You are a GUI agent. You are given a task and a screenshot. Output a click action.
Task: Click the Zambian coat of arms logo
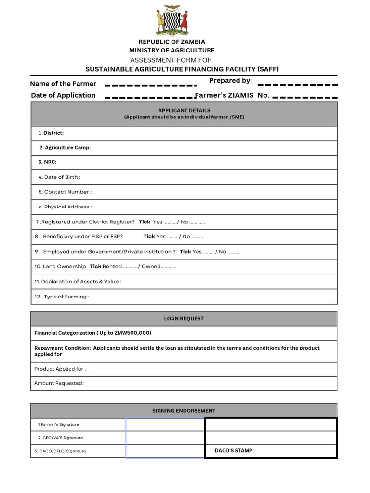pyautogui.click(x=172, y=20)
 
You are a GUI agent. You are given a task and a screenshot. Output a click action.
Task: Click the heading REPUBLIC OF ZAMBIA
pyautogui.click(x=172, y=42)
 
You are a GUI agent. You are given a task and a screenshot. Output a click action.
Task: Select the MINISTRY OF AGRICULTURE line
pyautogui.click(x=172, y=50)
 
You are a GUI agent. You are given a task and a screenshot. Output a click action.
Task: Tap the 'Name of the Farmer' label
pyautogui.click(x=63, y=84)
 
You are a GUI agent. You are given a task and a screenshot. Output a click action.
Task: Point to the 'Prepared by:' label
pyautogui.click(x=230, y=80)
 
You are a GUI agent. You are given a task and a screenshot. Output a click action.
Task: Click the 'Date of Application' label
pyautogui.click(x=63, y=95)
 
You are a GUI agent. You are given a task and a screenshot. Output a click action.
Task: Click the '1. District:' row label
pyautogui.click(x=51, y=133)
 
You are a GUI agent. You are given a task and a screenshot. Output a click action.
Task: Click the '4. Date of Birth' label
pyautogui.click(x=59, y=177)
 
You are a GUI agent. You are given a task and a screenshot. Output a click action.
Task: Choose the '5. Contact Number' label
pyautogui.click(x=65, y=192)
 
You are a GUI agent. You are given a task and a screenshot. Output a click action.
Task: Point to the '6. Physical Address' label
pyautogui.click(x=65, y=207)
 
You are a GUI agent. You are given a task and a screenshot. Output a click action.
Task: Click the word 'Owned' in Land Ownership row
pyautogui.click(x=151, y=266)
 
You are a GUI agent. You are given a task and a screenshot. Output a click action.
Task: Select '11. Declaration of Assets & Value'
pyautogui.click(x=78, y=282)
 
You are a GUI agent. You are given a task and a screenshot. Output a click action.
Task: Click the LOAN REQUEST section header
pyautogui.click(x=184, y=319)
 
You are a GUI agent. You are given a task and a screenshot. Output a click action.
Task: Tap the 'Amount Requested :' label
pyautogui.click(x=59, y=383)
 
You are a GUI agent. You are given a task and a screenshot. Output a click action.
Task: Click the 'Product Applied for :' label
pyautogui.click(x=60, y=369)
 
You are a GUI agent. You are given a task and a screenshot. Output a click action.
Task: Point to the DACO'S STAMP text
pyautogui.click(x=233, y=451)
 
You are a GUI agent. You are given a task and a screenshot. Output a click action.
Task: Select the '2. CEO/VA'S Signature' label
pyautogui.click(x=60, y=438)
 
